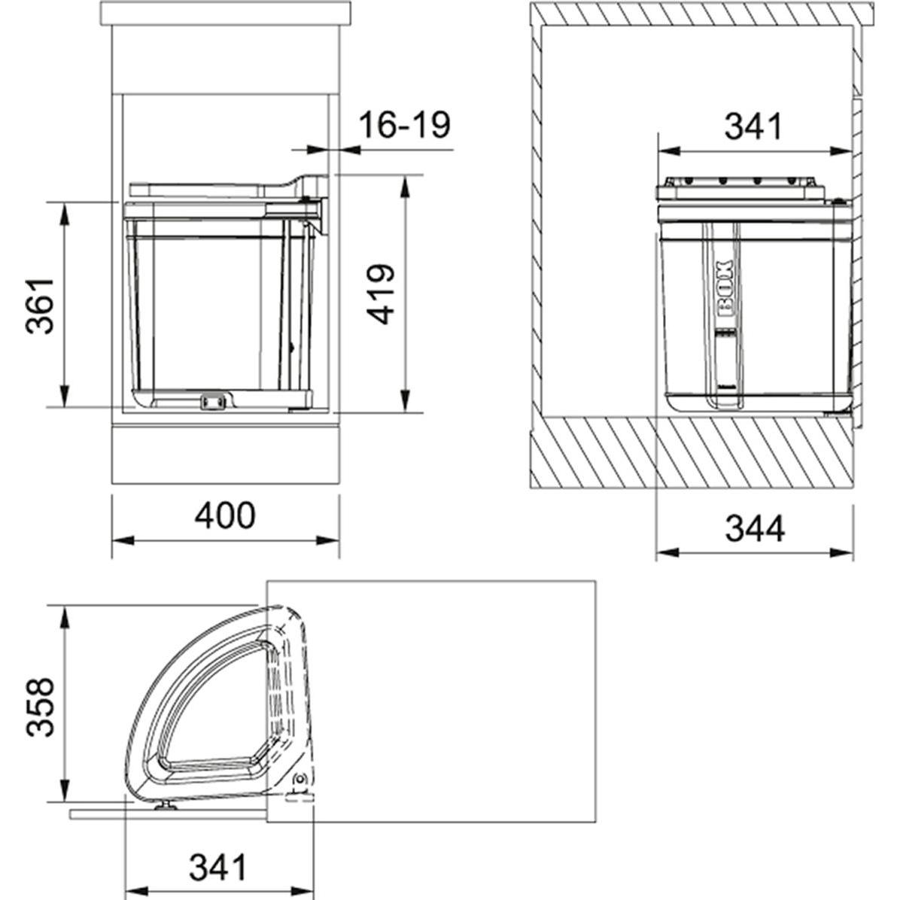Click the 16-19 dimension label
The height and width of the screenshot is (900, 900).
coord(405,125)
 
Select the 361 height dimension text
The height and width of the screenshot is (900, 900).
coord(39,305)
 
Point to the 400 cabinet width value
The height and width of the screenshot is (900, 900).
coord(225,515)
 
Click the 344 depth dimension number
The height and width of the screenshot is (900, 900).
coord(755,528)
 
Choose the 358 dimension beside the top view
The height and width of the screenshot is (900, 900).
coord(39,707)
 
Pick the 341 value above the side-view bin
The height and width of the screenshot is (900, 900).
coord(754,126)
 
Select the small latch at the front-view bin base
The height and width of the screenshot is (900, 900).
coord(214,403)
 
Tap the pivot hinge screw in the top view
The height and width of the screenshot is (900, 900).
coord(301,780)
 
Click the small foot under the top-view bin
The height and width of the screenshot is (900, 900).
coord(164,809)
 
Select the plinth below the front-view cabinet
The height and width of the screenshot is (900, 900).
coord(225,455)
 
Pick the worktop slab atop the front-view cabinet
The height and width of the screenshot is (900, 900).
coord(225,13)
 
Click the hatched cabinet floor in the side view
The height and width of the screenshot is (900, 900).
coord(692,452)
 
